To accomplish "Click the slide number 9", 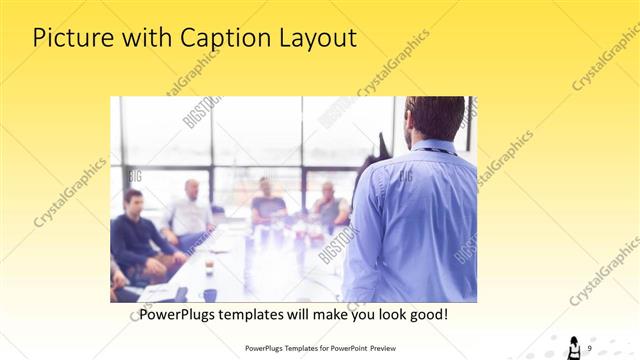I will pos(590,347).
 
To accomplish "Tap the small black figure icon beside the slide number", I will pos(574,347).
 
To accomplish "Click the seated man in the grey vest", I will pos(328,205).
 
